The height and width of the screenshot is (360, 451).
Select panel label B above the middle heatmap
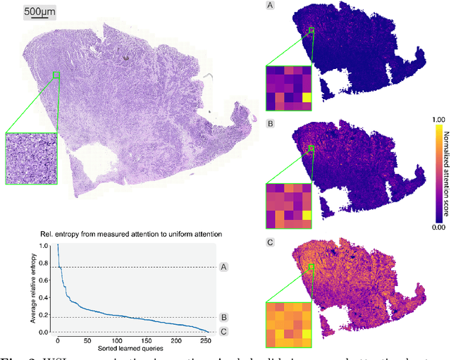[x=269, y=123]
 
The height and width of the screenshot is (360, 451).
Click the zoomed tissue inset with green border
[x=30, y=159]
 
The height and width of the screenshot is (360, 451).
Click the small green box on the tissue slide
[x=56, y=75]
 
